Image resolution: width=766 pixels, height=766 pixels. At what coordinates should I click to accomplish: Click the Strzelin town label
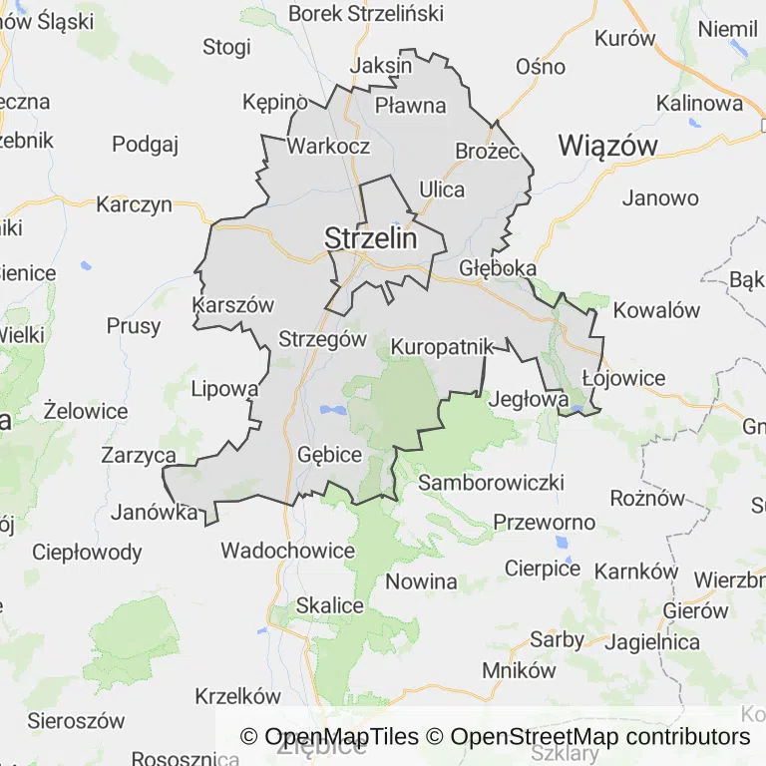[370, 238]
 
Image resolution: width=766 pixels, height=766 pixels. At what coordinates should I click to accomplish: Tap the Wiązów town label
[607, 145]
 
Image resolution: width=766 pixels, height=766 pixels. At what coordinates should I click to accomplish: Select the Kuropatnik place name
[443, 347]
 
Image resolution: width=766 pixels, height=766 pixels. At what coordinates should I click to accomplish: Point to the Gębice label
[330, 455]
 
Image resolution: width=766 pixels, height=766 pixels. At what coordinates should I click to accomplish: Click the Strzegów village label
[323, 338]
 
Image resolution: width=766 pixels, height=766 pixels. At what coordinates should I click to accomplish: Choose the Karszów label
[231, 305]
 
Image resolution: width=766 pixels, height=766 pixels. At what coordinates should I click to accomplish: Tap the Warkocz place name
[328, 146]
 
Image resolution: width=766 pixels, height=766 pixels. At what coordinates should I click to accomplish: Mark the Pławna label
[410, 104]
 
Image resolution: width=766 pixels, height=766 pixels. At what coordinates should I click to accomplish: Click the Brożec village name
[488, 151]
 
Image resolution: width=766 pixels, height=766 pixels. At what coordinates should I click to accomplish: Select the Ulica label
[442, 190]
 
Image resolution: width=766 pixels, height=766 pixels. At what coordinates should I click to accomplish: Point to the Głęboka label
[498, 268]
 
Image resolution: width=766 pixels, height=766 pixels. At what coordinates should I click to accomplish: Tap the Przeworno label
[545, 523]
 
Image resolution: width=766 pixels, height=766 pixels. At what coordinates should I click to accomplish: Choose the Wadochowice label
[287, 551]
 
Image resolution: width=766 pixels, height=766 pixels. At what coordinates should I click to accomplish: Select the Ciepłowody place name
[87, 552]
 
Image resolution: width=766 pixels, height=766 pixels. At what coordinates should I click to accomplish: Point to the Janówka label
[154, 513]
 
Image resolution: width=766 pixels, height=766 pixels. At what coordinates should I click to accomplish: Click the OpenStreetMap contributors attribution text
[599, 737]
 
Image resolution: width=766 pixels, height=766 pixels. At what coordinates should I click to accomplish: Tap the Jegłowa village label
[529, 399]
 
